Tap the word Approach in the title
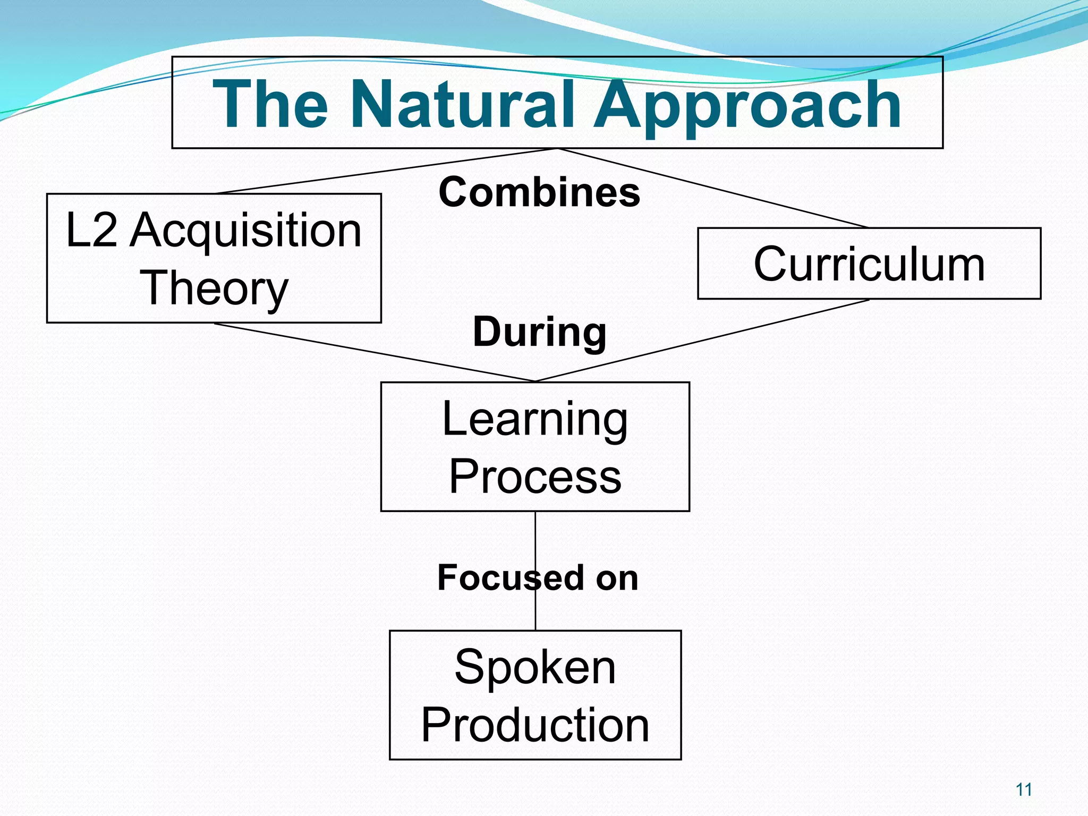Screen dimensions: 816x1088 pos(747,104)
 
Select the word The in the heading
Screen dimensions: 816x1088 pos(270,104)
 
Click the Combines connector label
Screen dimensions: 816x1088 pos(539,192)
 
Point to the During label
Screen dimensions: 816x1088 pos(539,332)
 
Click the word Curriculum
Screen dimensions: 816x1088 pos(869,264)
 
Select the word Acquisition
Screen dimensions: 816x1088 pos(246,231)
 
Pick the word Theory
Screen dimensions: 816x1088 pos(214,288)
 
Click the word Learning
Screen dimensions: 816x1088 pos(535,420)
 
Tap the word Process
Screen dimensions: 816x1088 pos(535,477)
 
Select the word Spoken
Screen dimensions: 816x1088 pos(535,667)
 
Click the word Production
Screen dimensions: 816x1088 pos(535,725)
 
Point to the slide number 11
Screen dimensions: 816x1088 pos(1023,790)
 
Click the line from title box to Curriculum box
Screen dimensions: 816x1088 pos(712,188)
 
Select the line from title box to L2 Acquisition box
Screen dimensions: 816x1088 pos(385,171)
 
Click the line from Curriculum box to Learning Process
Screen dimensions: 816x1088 pos(701,341)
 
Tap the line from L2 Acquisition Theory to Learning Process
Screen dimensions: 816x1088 pos(375,353)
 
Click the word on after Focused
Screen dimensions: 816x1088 pos(616,578)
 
